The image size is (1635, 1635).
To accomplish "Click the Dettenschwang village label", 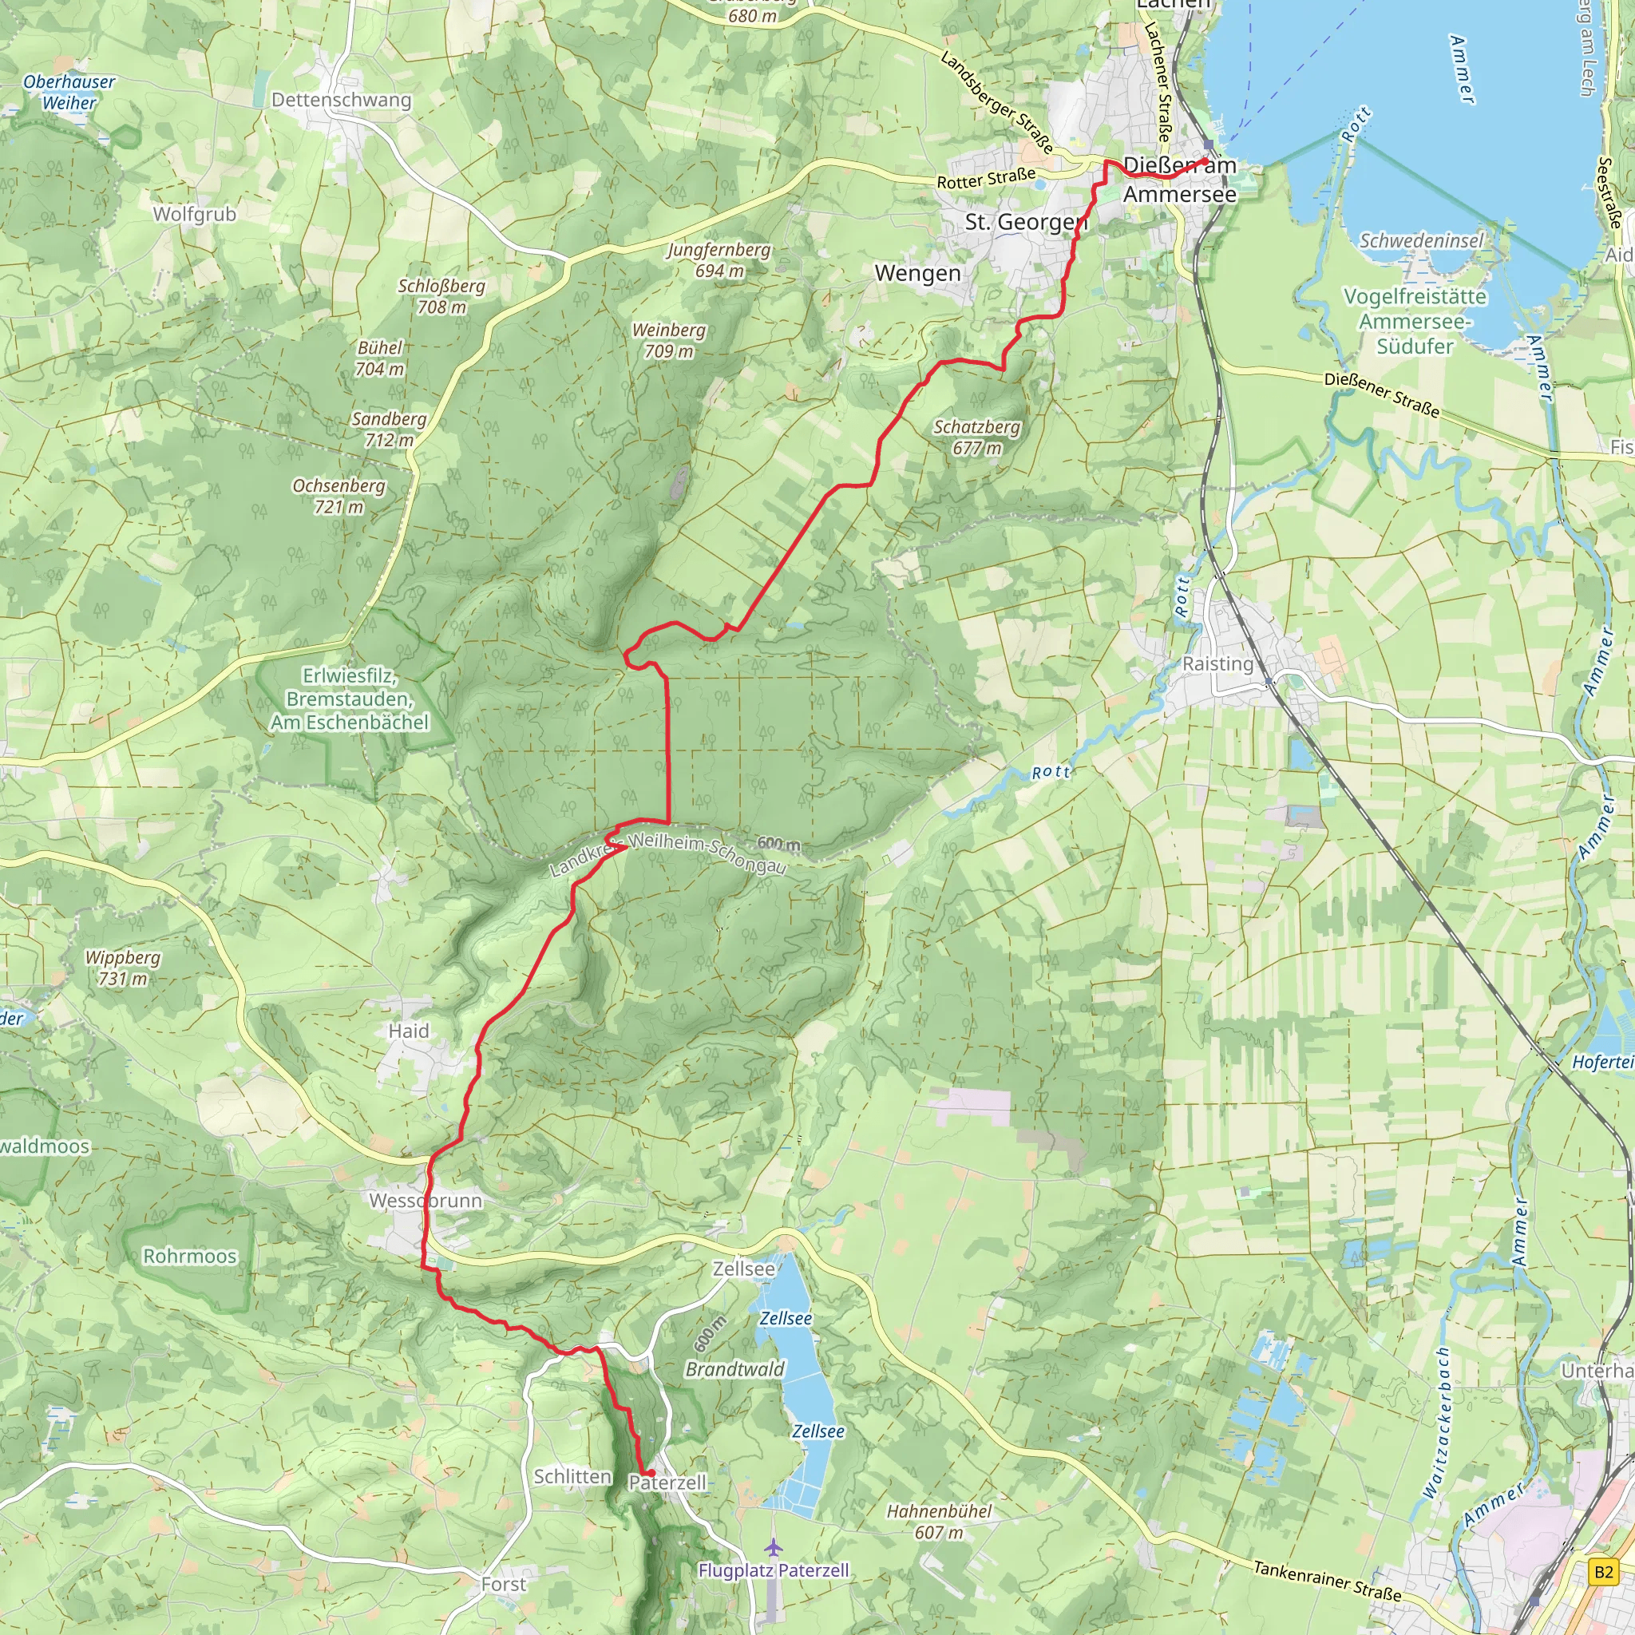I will point(341,100).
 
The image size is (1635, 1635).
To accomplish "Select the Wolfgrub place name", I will point(195,214).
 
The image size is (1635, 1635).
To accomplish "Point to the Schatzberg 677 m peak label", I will point(976,437).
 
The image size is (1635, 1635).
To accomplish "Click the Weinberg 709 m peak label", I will point(668,340).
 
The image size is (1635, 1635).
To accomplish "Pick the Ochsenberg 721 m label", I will point(338,496).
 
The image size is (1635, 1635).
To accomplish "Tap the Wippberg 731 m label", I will point(123,968).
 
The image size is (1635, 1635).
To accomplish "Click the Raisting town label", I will point(1217,664).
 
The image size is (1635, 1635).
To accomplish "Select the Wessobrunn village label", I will point(426,1200).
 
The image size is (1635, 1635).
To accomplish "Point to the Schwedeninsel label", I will point(1421,241).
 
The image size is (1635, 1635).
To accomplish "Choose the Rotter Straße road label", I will point(986,179).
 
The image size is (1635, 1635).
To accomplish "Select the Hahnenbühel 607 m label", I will point(939,1522).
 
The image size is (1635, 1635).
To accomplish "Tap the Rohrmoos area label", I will point(189,1256).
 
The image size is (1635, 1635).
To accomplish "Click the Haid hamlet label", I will point(409,1031).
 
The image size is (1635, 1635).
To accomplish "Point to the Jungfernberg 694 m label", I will point(719,259).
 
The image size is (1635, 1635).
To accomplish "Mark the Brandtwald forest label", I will point(734,1369).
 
